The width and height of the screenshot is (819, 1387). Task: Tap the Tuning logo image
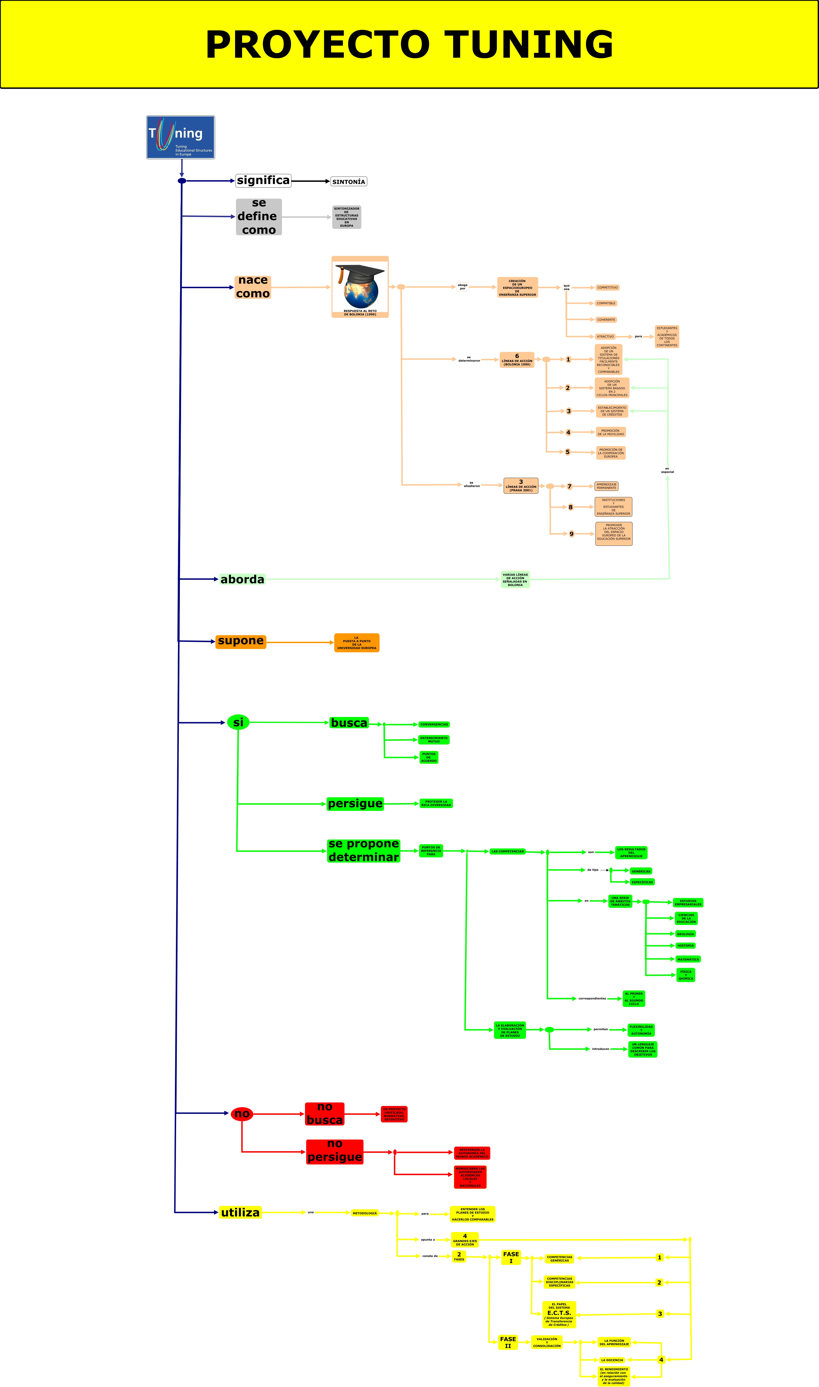pos(181,137)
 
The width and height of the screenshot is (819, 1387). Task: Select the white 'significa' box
pos(263,180)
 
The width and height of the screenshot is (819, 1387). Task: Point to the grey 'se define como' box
pos(259,217)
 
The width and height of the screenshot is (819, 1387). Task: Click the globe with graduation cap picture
pos(360,286)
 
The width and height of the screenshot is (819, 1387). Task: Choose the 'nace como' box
pos(253,287)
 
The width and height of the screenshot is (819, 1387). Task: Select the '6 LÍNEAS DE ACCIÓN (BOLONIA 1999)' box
pos(517,360)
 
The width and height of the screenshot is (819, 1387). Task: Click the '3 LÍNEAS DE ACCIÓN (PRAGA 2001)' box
pos(520,485)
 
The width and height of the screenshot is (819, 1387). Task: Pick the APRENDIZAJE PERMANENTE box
pos(606,486)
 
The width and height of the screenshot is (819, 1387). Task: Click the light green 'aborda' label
pos(242,579)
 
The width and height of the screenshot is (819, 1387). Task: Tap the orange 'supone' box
pos(241,641)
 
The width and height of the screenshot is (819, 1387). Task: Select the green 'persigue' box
pos(355,804)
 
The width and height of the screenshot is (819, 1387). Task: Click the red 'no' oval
pos(242,1113)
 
